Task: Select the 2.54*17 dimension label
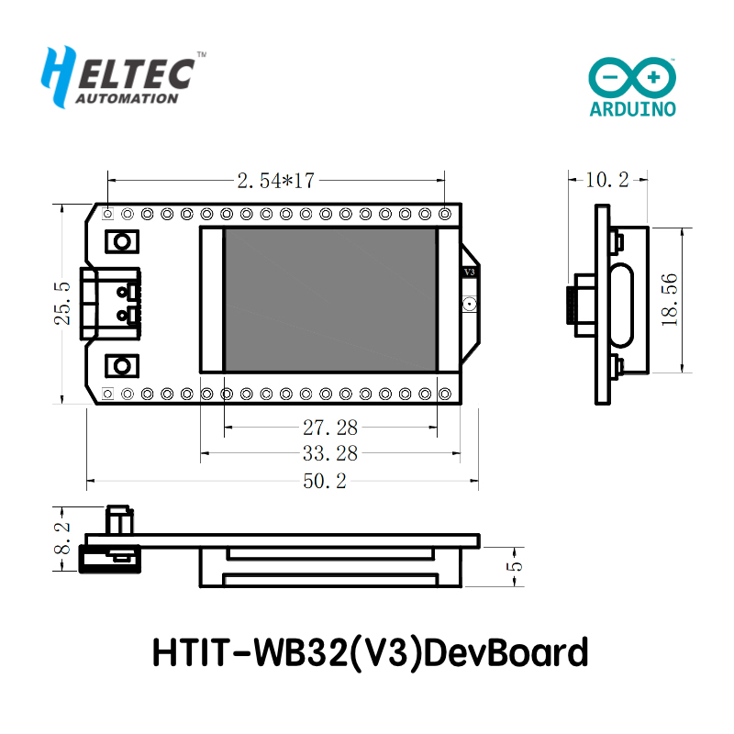coord(276,182)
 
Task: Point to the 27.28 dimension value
coord(330,427)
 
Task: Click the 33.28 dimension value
coord(330,452)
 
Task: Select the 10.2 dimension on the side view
coord(607,180)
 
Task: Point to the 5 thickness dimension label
coord(516,566)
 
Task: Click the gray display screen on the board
coord(330,300)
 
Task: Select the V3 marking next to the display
coord(469,272)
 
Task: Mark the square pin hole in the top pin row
coord(108,214)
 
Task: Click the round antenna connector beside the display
coord(469,304)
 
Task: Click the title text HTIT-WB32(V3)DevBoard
coord(368,653)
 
